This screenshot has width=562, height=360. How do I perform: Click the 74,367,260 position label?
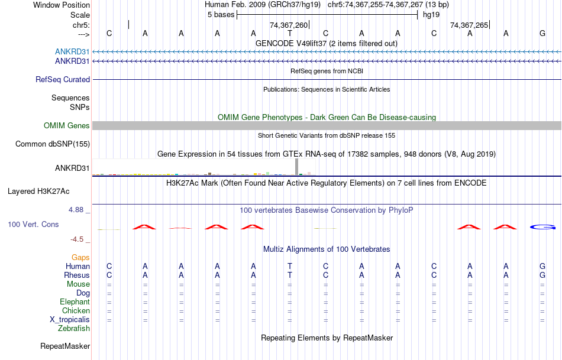click(289, 25)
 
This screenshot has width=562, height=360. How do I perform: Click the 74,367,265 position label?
click(469, 25)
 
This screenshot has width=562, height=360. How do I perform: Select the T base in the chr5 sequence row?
click(290, 34)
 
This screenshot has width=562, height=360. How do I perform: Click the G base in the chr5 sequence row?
click(542, 34)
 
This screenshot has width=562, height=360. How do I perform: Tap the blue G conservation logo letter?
click(542, 227)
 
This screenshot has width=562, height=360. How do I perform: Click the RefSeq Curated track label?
click(63, 79)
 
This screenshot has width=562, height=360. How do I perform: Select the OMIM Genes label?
click(67, 125)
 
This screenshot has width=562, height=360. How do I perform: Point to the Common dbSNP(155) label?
click(53, 144)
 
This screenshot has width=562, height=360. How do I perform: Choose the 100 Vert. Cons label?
click(33, 225)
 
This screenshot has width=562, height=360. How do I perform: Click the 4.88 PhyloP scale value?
click(77, 210)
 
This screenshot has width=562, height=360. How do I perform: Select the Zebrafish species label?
click(74, 329)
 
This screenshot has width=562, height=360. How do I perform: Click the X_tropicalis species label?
click(70, 320)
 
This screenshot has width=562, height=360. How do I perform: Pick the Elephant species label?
click(75, 302)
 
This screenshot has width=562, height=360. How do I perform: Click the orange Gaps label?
click(80, 258)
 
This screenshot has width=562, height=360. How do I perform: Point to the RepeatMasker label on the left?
click(65, 346)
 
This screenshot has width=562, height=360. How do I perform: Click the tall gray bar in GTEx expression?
click(296, 167)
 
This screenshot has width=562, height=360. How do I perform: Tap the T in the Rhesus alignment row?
click(290, 275)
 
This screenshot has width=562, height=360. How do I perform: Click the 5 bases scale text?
click(221, 15)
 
